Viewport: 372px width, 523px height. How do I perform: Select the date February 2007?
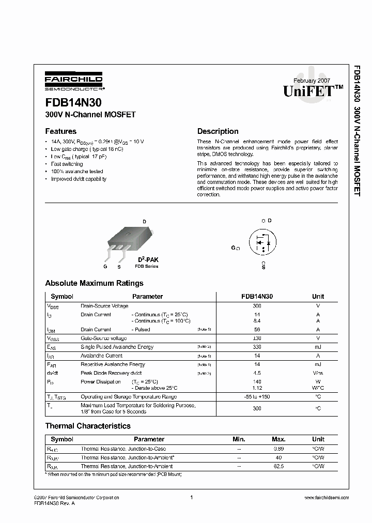pyautogui.click(x=312, y=81)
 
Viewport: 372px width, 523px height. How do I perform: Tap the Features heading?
pyautogui.click(x=60, y=131)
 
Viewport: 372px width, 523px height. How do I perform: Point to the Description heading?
pyautogui.click(x=218, y=131)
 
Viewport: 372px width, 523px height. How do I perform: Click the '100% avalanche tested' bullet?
pyautogui.click(x=77, y=171)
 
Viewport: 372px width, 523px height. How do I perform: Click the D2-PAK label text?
pyautogui.click(x=147, y=259)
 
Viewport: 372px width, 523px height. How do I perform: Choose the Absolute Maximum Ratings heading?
pyautogui.click(x=94, y=283)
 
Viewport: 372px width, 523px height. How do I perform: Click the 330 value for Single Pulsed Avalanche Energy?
pyautogui.click(x=257, y=347)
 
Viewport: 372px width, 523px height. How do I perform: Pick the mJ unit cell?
pyautogui.click(x=318, y=347)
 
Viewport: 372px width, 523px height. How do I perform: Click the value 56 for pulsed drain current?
pyautogui.click(x=257, y=329)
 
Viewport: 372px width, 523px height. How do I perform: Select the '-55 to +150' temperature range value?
pyautogui.click(x=257, y=396)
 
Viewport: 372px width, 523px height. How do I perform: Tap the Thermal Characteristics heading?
pyautogui.click(x=88, y=426)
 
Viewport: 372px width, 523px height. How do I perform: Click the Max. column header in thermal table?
pyautogui.click(x=278, y=439)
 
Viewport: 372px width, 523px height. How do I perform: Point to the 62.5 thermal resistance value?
pyautogui.click(x=278, y=466)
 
